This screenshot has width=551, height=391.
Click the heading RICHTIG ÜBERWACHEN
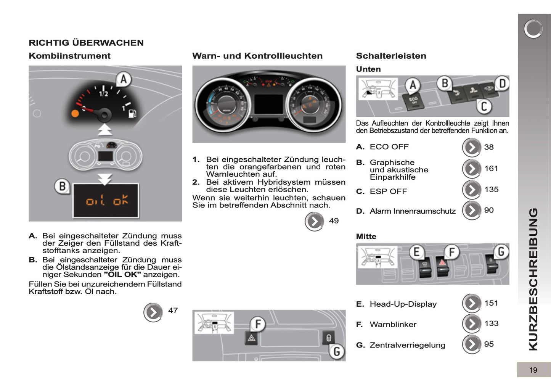pos(86,43)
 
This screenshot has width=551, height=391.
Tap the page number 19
pos(533,370)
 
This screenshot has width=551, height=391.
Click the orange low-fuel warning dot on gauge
pos(75,113)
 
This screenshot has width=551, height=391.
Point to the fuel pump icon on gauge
pos(132,113)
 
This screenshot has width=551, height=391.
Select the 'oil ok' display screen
pos(106,201)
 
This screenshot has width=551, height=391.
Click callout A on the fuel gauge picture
pos(123,79)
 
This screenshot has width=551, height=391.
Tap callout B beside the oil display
pos(62,186)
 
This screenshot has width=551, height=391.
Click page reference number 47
pos(173,311)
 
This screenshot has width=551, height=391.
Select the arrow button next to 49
pos(315,221)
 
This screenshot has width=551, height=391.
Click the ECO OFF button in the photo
pos(413,101)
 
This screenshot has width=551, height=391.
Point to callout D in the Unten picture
pos(502,83)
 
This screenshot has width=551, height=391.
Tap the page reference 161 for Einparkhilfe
pos(491,169)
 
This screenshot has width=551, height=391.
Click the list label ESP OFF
pos(388,191)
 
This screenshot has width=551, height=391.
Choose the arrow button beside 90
pos(472,210)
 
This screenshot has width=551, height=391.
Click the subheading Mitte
pos(366,237)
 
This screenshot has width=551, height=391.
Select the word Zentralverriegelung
pos(407,345)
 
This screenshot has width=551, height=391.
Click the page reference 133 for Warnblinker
pos(491,323)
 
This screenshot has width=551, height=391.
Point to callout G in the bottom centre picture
pos(336,351)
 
